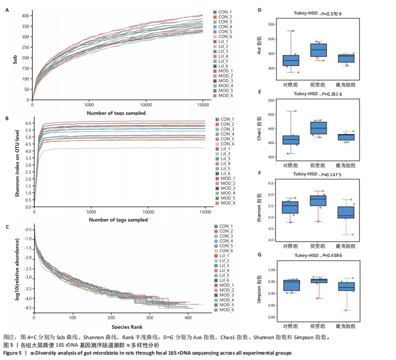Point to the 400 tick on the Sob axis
pos(25,15)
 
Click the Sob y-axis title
pos(15,56)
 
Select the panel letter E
pos(259,92)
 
